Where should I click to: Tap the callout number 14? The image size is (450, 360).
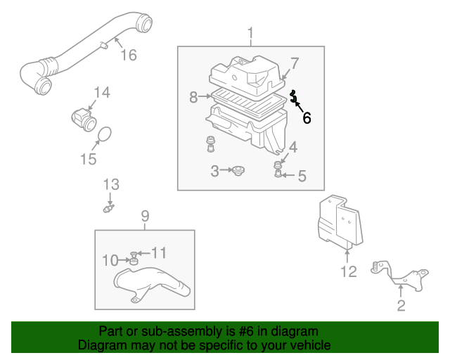pyautogui.click(x=102, y=92)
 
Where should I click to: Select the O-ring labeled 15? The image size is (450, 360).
pyautogui.click(x=104, y=134)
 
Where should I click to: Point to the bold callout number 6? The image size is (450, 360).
pyautogui.click(x=307, y=118)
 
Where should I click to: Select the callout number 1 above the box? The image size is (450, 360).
pyautogui.click(x=250, y=33)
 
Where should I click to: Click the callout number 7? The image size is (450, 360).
pyautogui.click(x=295, y=63)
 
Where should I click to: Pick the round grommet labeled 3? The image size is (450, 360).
pyautogui.click(x=239, y=170)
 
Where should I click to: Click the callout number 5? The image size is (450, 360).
pyautogui.click(x=302, y=176)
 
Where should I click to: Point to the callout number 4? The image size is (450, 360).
pyautogui.click(x=292, y=147)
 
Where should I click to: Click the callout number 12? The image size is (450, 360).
pyautogui.click(x=349, y=271)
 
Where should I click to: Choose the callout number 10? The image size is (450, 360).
pyautogui.click(x=110, y=260)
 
